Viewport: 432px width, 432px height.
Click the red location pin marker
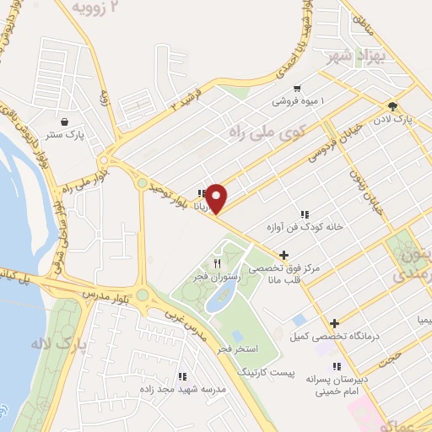coord(217,198)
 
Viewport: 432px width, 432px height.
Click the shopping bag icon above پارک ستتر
coord(65,121)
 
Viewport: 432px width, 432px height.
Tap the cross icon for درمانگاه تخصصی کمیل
coord(335,323)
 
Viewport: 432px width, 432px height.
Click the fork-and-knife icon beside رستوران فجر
coord(217,264)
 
